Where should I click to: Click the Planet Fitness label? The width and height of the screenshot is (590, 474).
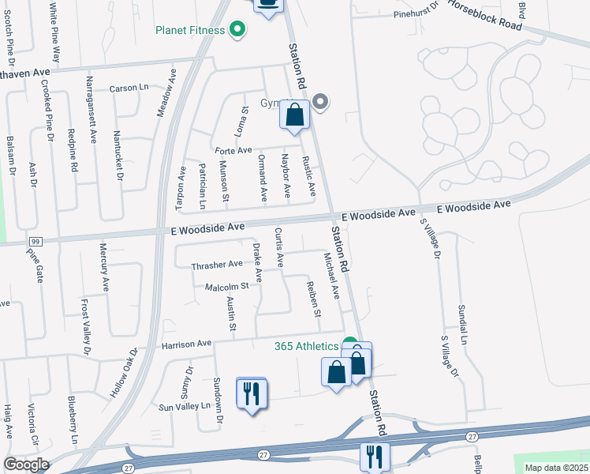click(189, 31)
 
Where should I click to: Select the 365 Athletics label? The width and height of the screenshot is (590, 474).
click(305, 346)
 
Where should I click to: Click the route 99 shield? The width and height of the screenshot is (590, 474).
click(35, 240)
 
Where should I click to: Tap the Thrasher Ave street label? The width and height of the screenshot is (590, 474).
click(217, 265)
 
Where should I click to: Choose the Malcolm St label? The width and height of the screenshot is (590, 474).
click(226, 286)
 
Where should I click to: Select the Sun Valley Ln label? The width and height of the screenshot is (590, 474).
click(185, 407)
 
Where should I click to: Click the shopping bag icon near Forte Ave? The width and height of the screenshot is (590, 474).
click(294, 116)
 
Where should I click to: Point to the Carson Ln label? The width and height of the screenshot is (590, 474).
click(129, 88)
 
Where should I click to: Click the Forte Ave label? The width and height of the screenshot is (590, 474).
click(233, 150)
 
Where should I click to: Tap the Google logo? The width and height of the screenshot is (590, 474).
click(25, 465)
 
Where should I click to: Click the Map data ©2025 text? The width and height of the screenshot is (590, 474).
click(556, 468)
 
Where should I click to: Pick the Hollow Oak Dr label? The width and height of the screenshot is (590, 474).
click(124, 371)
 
